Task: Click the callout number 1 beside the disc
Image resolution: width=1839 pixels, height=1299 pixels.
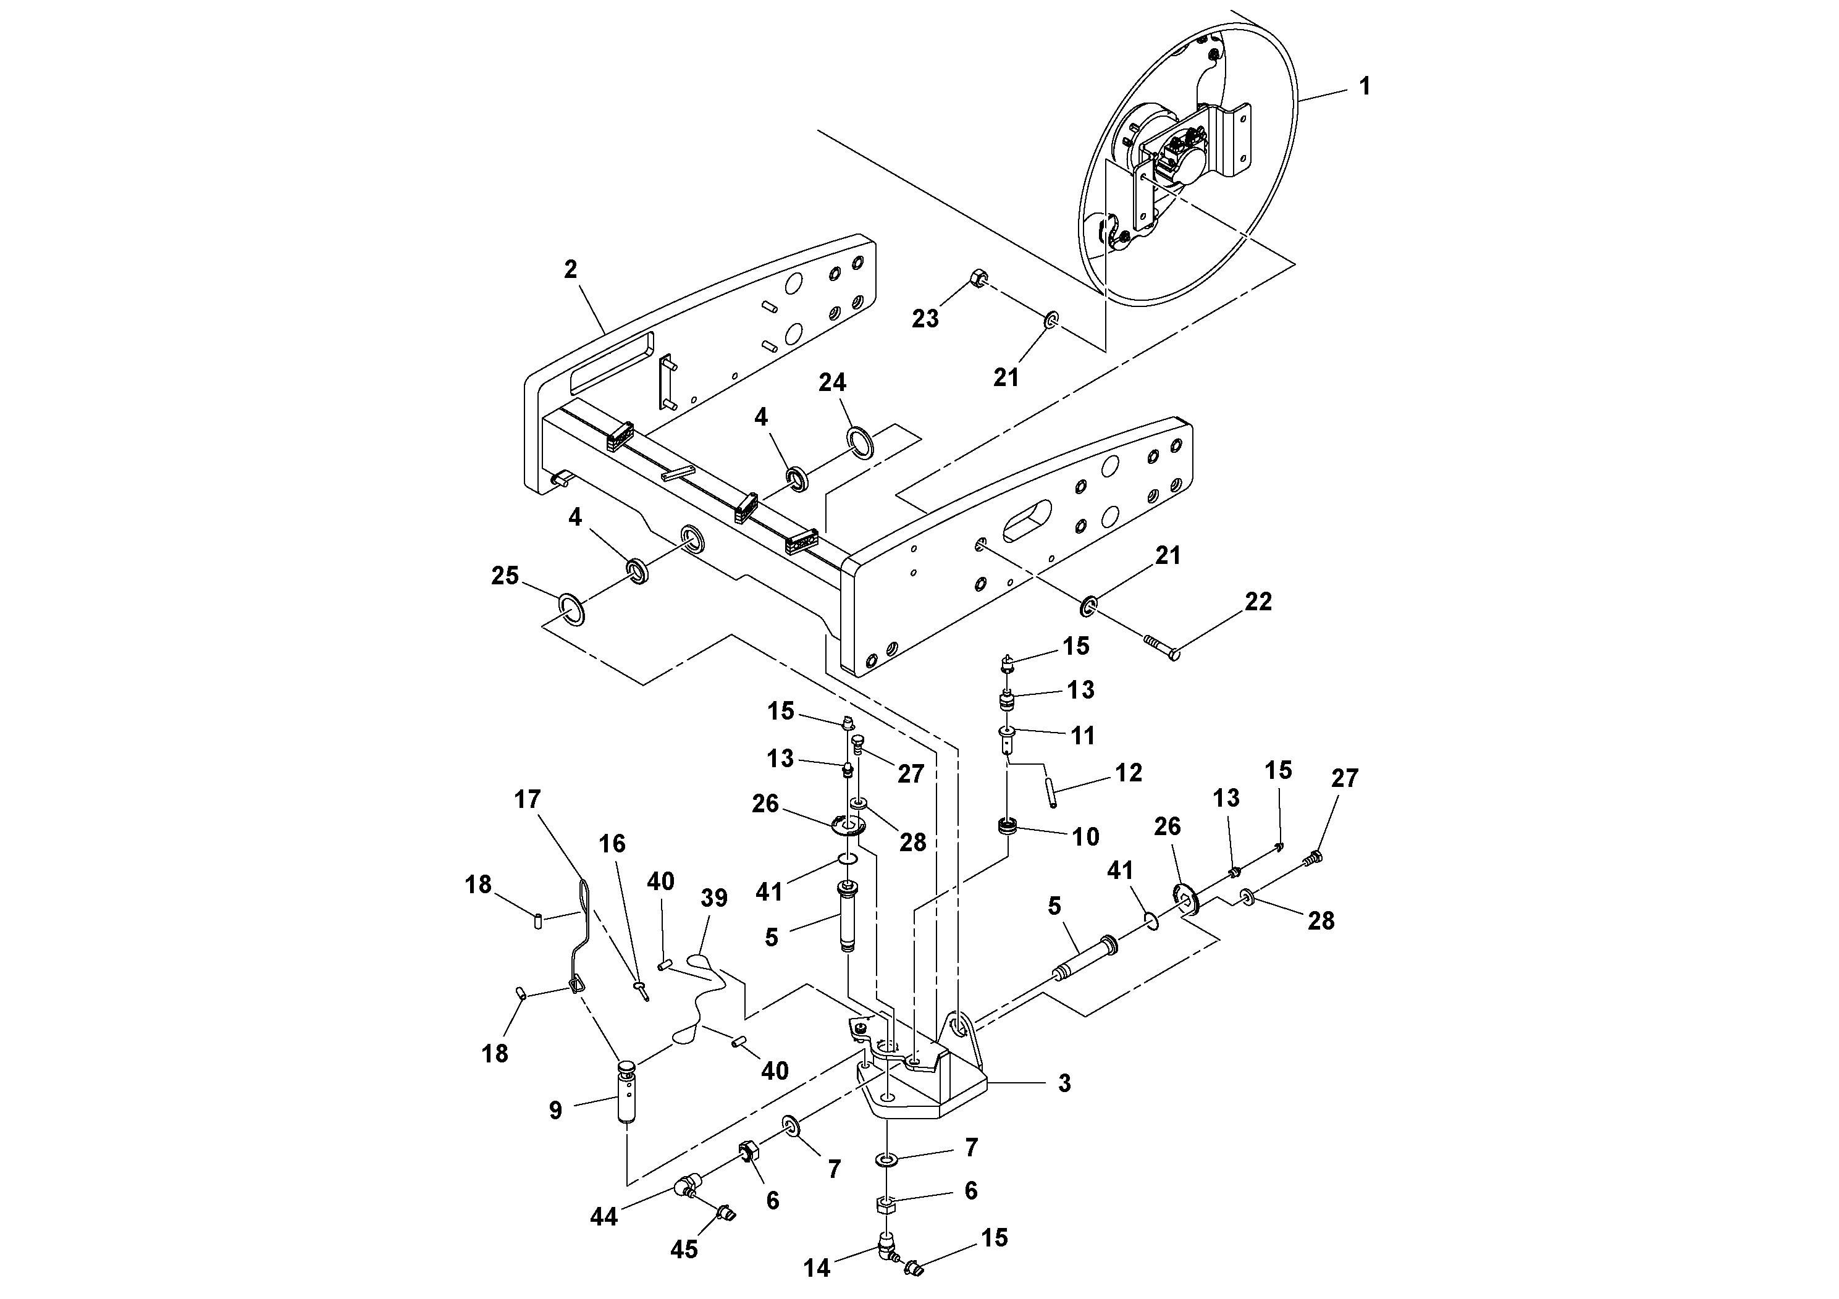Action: coord(1364,86)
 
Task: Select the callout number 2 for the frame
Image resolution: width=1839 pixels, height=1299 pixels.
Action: coord(570,269)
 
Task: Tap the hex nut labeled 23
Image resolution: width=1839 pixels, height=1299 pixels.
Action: coord(978,279)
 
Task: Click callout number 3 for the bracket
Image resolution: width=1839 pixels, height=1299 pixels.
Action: coord(1064,1083)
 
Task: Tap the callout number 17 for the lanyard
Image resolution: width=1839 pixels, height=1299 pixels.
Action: coord(528,799)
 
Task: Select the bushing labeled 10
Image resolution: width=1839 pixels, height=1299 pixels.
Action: coord(1008,826)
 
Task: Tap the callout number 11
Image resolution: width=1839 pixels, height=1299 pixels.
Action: coord(1083,735)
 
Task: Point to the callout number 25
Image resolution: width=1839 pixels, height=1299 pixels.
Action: coord(505,576)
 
